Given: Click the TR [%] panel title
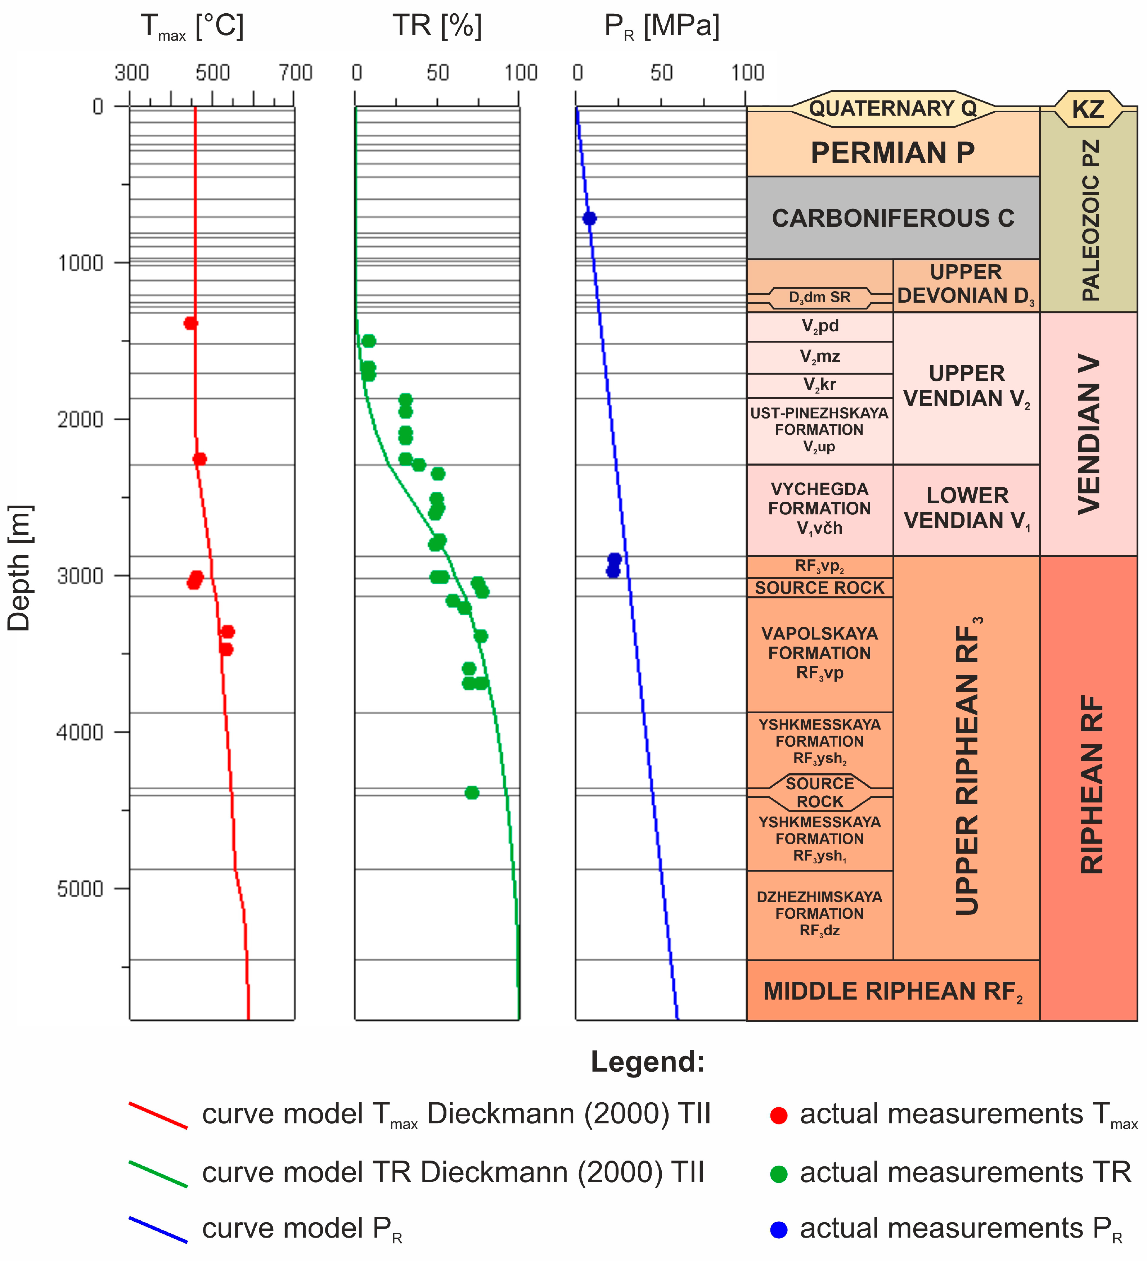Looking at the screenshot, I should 437,26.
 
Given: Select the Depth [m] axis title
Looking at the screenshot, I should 19,568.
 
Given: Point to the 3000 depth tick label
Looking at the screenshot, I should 80,575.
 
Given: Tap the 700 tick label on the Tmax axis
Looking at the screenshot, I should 295,73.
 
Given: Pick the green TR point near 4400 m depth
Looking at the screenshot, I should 472,792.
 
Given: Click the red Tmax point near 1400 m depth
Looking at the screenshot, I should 190,323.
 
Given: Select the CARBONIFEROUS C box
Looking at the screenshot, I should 892,218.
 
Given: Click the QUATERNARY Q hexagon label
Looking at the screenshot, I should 892,108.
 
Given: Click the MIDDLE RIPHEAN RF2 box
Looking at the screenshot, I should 892,991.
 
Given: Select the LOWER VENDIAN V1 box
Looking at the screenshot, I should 966,508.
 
